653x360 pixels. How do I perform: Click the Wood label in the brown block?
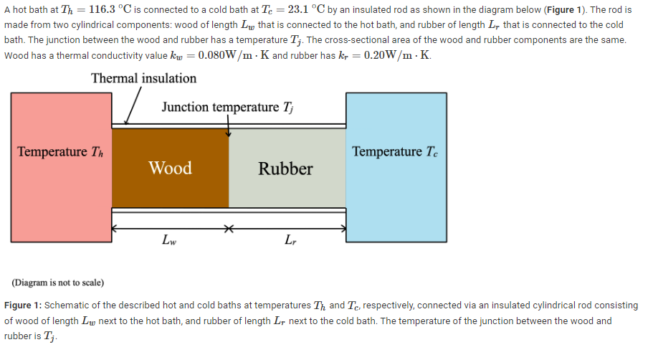coord(170,169)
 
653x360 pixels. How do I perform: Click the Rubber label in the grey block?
coord(285,169)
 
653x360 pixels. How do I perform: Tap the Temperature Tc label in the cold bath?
coord(395,152)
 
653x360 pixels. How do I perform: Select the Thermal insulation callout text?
coord(143,78)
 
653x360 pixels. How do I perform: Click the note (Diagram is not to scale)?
coord(58,282)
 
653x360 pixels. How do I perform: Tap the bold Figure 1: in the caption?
coord(23,305)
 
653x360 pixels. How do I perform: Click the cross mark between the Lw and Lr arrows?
coord(229,229)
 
